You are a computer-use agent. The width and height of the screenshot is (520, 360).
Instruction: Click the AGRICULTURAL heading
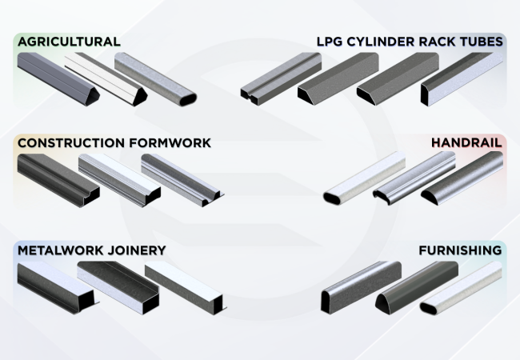click(x=69, y=41)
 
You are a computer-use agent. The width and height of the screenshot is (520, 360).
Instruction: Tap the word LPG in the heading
click(x=330, y=41)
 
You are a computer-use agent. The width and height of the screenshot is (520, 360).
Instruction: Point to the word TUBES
click(x=482, y=41)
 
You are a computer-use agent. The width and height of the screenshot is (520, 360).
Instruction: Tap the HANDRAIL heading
click(x=466, y=143)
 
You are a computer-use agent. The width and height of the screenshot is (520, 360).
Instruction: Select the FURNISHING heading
click(x=460, y=250)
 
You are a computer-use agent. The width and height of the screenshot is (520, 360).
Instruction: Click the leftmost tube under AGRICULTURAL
click(x=53, y=77)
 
